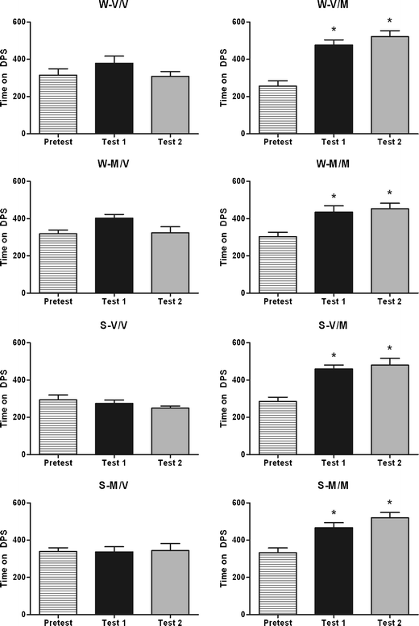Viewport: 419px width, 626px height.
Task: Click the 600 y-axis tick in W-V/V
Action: pyautogui.click(x=31, y=22)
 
